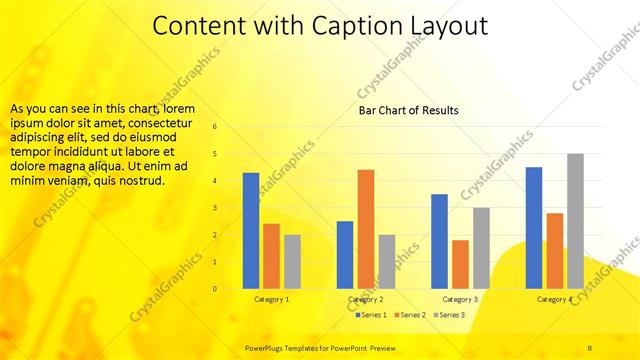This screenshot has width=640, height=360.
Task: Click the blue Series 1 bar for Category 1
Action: [251, 231]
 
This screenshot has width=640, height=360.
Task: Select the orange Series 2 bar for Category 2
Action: [366, 229]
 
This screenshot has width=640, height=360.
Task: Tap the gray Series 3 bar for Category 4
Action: [575, 221]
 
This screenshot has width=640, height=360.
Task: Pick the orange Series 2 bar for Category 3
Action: [460, 264]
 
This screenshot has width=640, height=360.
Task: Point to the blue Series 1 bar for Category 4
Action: [534, 228]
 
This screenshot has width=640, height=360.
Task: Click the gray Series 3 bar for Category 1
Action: [292, 262]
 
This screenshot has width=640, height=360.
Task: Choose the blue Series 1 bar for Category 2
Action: [345, 255]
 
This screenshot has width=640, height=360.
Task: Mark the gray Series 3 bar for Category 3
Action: [481, 248]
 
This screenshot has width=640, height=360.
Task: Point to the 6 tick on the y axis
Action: [214, 127]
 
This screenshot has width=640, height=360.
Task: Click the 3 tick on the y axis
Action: [214, 208]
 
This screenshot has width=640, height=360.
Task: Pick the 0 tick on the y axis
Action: [214, 289]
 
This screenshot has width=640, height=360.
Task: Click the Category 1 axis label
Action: [272, 299]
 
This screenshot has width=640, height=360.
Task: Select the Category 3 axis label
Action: [461, 299]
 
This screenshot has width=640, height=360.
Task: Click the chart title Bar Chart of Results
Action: [409, 110]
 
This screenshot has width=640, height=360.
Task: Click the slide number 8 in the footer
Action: [590, 346]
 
